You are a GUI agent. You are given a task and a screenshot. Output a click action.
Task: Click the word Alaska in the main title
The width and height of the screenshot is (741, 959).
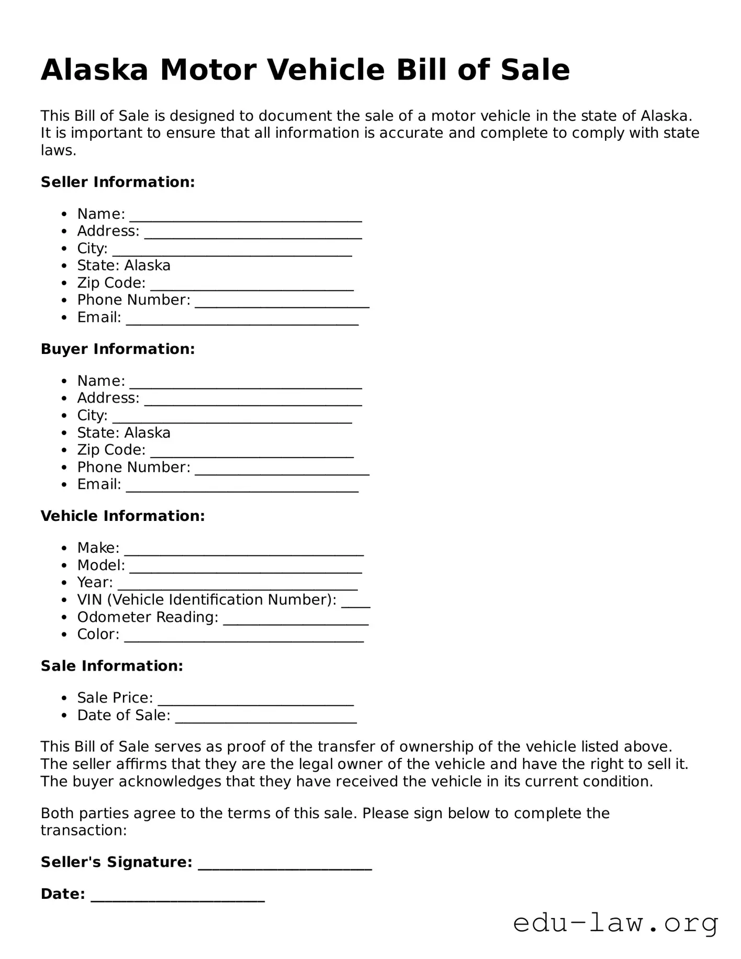pos(95,70)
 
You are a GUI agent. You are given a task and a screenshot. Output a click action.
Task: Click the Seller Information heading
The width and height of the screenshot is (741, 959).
pos(118,182)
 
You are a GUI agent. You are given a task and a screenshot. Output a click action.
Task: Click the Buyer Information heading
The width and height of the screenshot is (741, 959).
pos(118,349)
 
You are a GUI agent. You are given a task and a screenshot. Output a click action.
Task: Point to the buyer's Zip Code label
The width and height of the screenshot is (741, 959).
pos(111,450)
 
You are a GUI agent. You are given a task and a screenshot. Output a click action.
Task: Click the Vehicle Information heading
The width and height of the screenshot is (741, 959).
pos(123,516)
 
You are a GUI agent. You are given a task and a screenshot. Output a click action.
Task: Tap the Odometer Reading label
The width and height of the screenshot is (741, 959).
pos(148,617)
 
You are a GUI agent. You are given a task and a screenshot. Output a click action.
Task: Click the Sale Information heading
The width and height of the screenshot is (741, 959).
pos(112,666)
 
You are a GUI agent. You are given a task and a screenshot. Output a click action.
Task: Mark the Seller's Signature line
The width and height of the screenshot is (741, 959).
pos(285,864)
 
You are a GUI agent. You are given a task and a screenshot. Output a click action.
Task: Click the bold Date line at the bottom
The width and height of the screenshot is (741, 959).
pos(178,896)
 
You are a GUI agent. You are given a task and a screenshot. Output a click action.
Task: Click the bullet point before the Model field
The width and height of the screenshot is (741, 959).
pos(64,566)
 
